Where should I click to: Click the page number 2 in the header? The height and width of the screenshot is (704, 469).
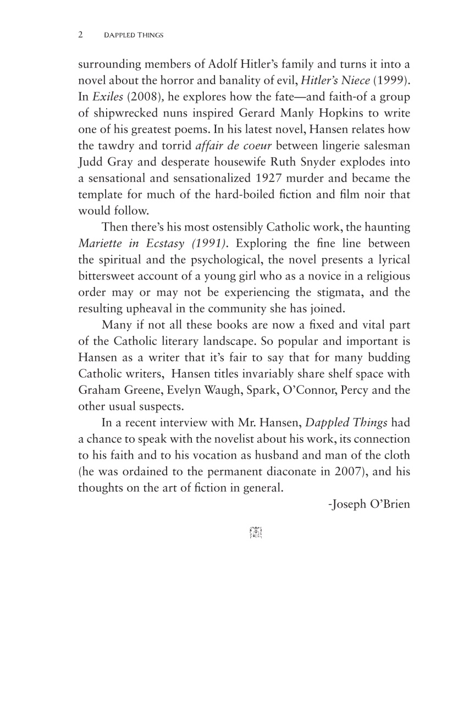(80, 35)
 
